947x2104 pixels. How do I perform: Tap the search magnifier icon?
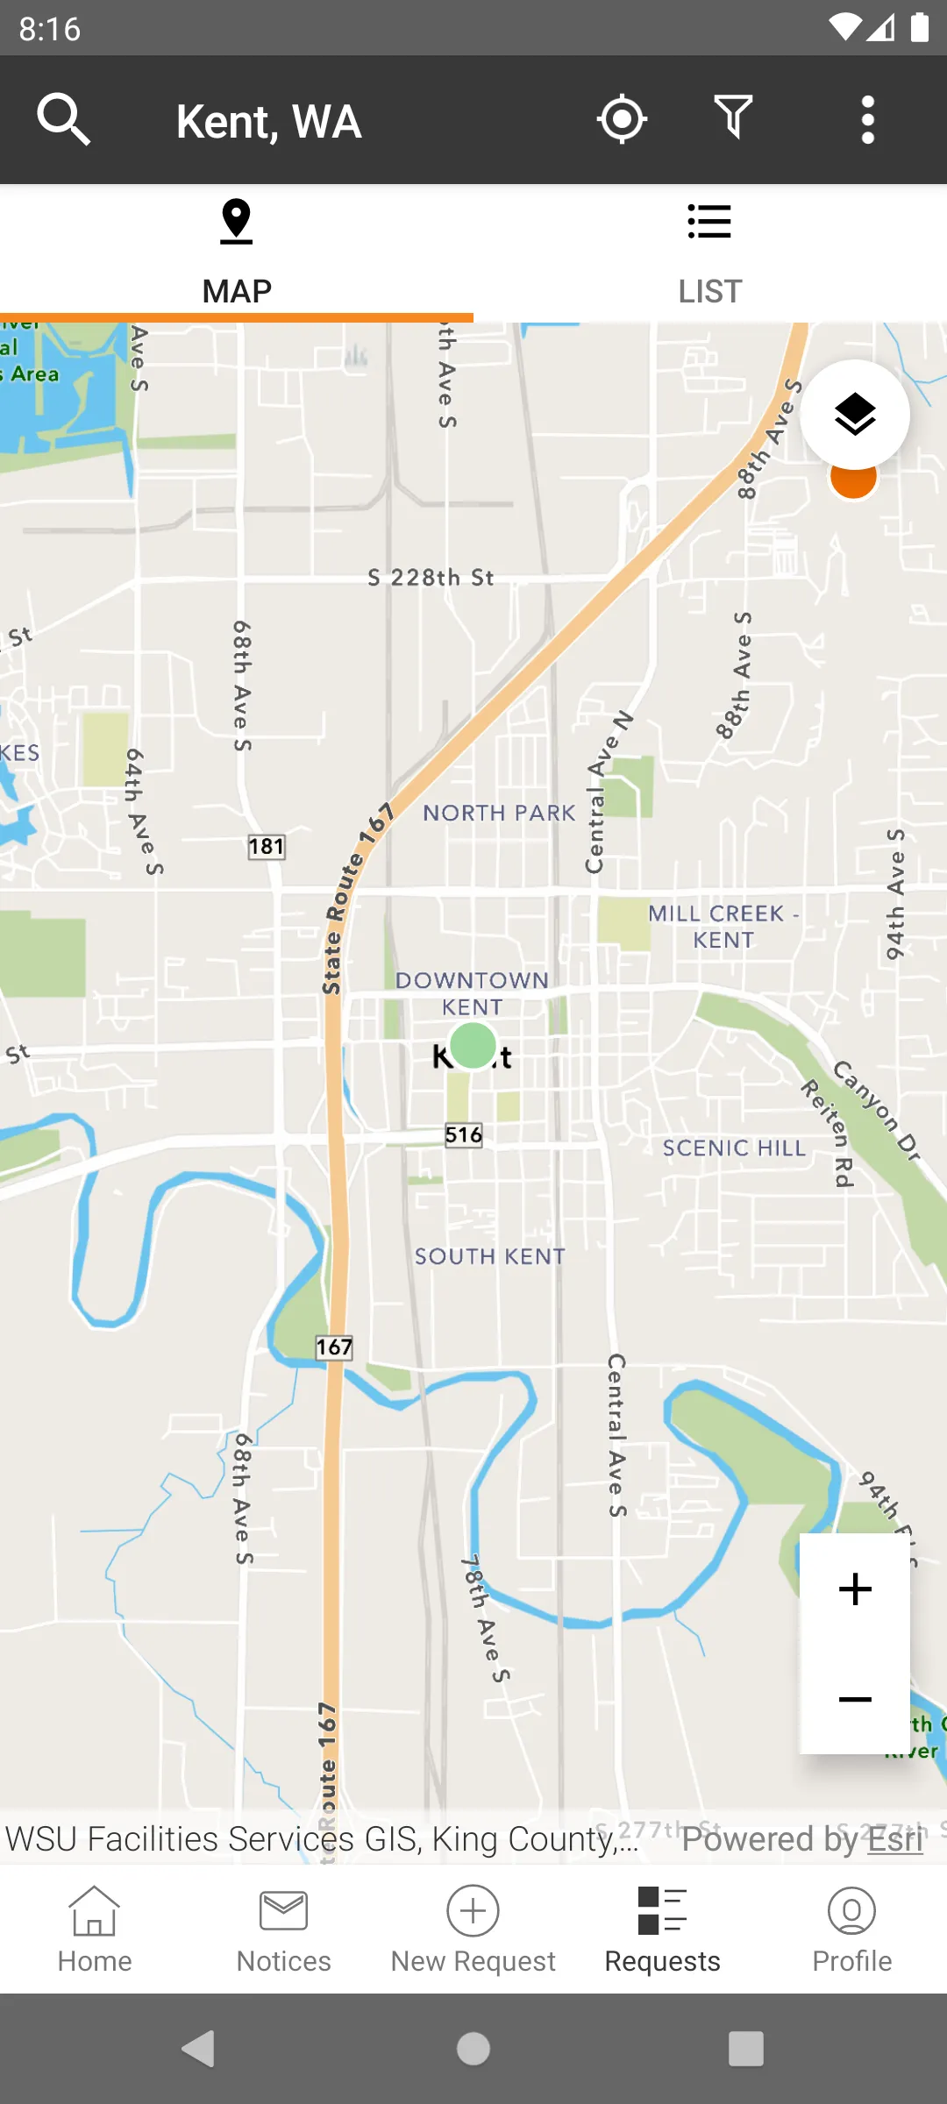(63, 119)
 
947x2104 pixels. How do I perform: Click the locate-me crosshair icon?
(622, 119)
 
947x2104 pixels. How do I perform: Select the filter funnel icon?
(733, 117)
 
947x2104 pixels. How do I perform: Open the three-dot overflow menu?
(867, 119)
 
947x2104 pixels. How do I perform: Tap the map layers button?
(855, 415)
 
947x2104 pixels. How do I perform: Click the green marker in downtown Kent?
(473, 1045)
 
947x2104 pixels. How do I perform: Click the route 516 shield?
(464, 1135)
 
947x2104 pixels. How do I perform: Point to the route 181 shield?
(267, 847)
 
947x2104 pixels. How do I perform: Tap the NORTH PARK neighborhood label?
(499, 814)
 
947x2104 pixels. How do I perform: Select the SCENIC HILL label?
(734, 1148)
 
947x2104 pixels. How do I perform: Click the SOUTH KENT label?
(489, 1257)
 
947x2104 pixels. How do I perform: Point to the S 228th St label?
(431, 578)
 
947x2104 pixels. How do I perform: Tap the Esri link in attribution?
(895, 1839)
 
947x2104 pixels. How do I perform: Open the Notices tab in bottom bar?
(283, 1930)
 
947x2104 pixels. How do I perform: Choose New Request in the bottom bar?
(473, 1930)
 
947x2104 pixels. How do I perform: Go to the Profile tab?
(851, 1930)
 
